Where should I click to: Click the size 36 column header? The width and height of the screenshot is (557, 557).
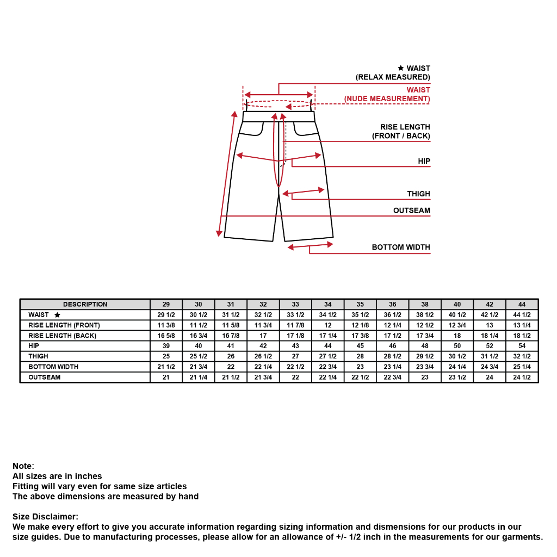coord(393,305)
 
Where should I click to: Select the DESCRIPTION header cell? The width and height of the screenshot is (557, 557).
coord(85,305)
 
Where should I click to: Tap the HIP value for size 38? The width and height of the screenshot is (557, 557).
coord(425,346)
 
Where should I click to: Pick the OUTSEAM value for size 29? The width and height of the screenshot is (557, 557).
coord(166,377)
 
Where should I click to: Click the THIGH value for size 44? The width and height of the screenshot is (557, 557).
coord(522,356)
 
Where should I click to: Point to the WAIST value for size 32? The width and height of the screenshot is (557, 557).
coord(263,315)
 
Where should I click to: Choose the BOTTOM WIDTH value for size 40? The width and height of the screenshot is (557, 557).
coord(457,367)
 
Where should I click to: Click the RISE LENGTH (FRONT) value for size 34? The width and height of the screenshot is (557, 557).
coord(328,325)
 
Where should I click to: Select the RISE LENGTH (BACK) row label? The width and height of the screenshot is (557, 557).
coord(62,336)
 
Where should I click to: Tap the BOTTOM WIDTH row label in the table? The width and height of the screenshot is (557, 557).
coord(53,367)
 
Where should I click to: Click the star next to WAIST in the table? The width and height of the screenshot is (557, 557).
coord(57,315)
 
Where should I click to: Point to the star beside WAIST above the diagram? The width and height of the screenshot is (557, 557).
coord(401,69)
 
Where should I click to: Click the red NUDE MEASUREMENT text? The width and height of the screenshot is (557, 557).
coord(387,99)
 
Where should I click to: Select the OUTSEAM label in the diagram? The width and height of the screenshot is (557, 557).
coord(411,211)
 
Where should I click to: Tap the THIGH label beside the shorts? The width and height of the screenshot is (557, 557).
coord(418,194)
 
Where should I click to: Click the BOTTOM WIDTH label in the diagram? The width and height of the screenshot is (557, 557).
coord(401,247)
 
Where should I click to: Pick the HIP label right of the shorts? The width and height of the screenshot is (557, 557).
coord(424,162)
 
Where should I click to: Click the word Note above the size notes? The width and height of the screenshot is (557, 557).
coord(23,466)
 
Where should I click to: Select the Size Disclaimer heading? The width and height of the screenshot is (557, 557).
coord(45,517)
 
